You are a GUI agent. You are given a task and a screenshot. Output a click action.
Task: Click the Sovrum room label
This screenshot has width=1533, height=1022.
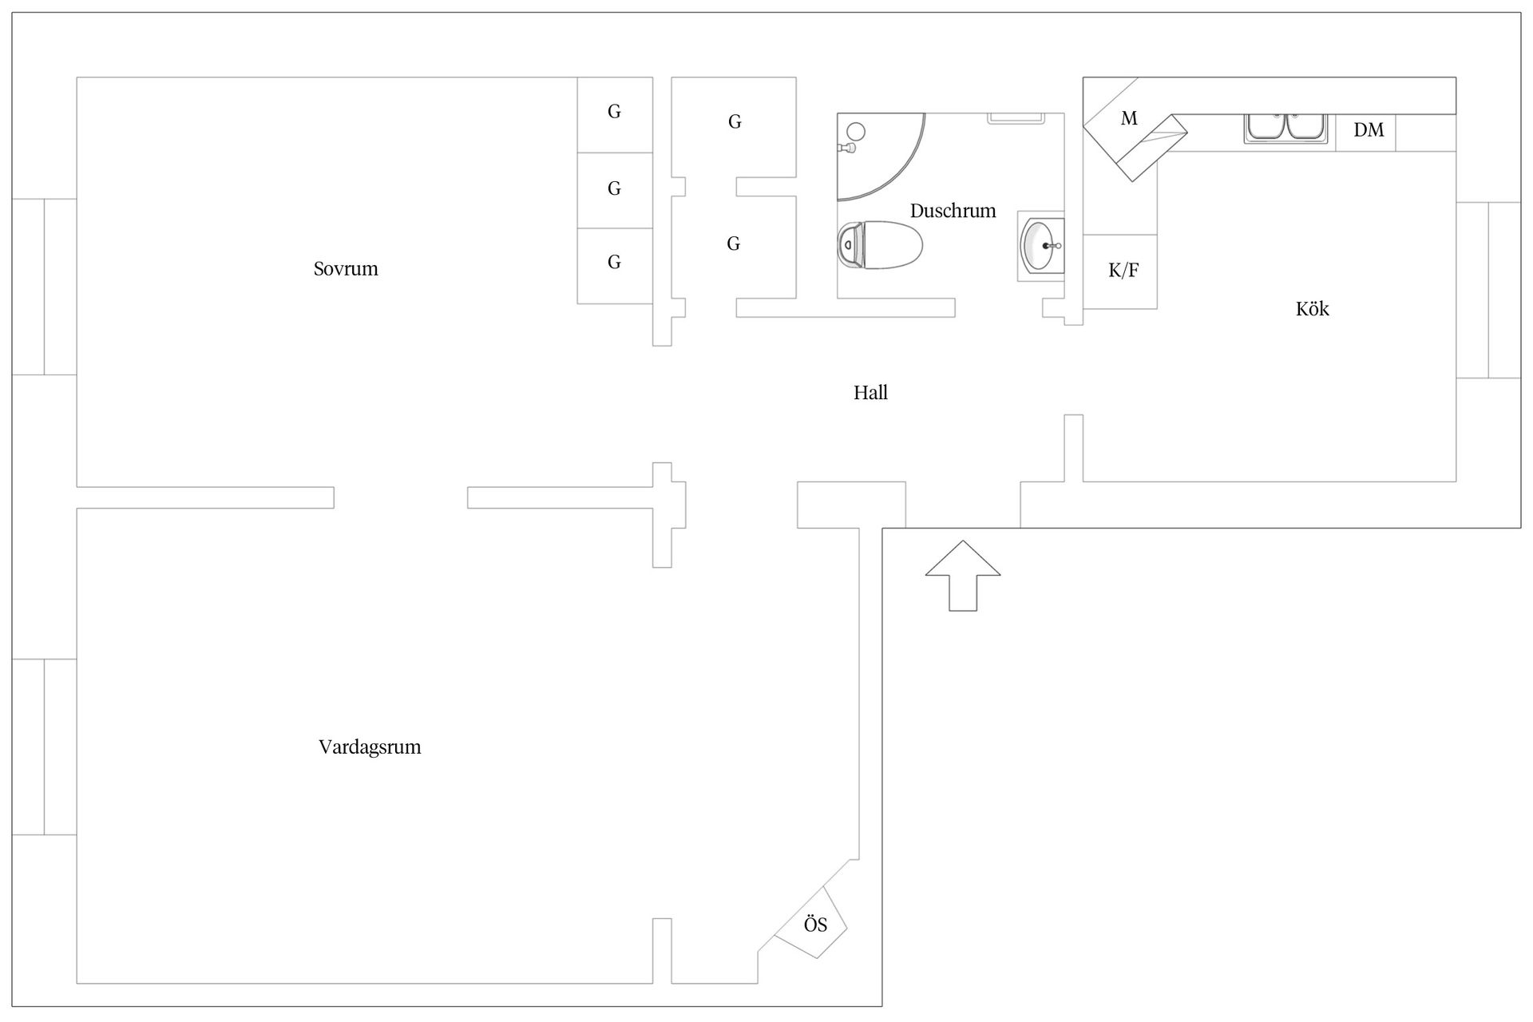[x=346, y=269]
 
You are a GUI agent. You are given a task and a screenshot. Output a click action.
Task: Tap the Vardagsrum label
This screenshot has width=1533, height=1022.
[x=370, y=747]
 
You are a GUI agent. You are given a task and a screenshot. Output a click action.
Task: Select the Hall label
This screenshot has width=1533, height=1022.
[x=870, y=393]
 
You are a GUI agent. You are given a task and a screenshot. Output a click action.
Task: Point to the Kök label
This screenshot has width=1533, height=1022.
[x=1313, y=309]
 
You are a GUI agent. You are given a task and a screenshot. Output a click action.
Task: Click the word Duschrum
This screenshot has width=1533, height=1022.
[x=953, y=211]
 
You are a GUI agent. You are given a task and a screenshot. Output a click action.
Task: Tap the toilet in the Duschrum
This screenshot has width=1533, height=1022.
[x=880, y=245]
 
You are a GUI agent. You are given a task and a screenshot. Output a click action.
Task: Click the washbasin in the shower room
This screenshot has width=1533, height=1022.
[x=1041, y=246]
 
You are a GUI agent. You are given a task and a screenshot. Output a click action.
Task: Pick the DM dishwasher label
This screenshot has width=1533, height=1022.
[x=1369, y=130]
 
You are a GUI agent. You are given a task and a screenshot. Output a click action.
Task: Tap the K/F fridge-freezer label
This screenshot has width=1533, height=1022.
[x=1123, y=271]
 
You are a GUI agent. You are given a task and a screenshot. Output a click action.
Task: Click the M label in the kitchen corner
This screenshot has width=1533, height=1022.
[x=1129, y=119]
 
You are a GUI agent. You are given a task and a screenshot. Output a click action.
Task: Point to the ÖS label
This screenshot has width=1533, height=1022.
[x=815, y=925]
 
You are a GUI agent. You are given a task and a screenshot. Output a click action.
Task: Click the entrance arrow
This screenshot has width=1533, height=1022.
[x=963, y=576]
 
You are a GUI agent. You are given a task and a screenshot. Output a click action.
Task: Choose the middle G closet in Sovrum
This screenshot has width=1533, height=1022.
[x=614, y=189]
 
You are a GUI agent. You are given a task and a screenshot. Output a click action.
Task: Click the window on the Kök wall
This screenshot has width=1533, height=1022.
[x=1488, y=290]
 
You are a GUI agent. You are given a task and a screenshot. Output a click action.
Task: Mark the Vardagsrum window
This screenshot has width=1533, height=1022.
[x=44, y=747]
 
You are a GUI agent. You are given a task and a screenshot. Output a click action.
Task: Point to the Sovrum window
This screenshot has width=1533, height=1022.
[x=44, y=287]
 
